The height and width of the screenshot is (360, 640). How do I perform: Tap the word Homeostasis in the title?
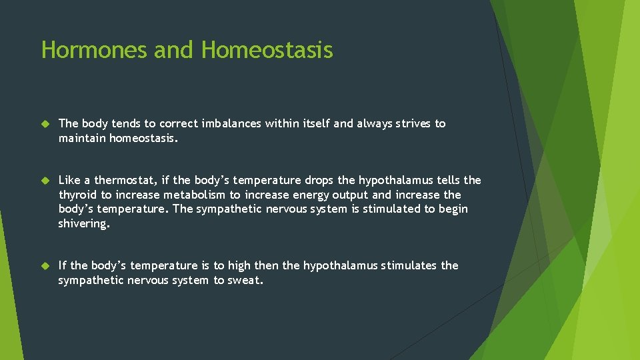(267, 50)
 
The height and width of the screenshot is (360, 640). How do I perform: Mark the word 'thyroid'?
(77, 195)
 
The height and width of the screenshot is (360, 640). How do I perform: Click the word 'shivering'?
(83, 224)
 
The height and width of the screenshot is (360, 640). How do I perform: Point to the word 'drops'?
(321, 180)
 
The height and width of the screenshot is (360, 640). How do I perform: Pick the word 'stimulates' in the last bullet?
(409, 265)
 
